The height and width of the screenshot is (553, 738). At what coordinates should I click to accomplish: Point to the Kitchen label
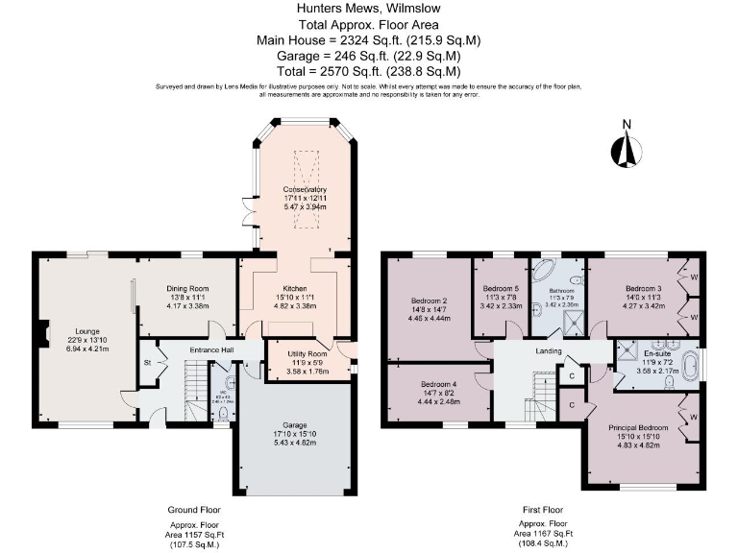click(x=294, y=288)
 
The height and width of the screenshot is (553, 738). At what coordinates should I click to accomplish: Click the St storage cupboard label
click(x=148, y=363)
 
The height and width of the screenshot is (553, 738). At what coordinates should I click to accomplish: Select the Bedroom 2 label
click(x=428, y=301)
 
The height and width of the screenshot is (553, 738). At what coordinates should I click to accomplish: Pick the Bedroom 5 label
click(x=501, y=288)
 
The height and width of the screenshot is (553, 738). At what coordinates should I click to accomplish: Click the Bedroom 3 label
click(x=644, y=288)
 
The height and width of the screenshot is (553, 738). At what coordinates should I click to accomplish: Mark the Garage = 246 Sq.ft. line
click(x=369, y=56)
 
